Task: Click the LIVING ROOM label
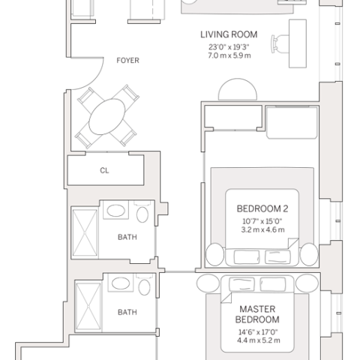[229, 34]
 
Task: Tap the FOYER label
[127, 61]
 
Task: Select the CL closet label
[104, 170]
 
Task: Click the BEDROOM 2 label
[262, 208]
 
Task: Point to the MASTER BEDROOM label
[257, 314]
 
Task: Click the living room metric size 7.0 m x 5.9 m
[229, 55]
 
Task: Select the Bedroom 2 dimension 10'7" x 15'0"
[262, 221]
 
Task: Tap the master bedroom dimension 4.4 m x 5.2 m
[259, 340]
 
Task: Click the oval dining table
[107, 116]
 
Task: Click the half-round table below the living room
[238, 89]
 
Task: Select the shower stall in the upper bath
[85, 232]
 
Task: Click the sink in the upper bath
[116, 211]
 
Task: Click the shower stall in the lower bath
[88, 306]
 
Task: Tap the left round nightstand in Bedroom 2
[214, 254]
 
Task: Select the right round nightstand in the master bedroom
[307, 283]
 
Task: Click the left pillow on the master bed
[241, 284]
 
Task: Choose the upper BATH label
[127, 237]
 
